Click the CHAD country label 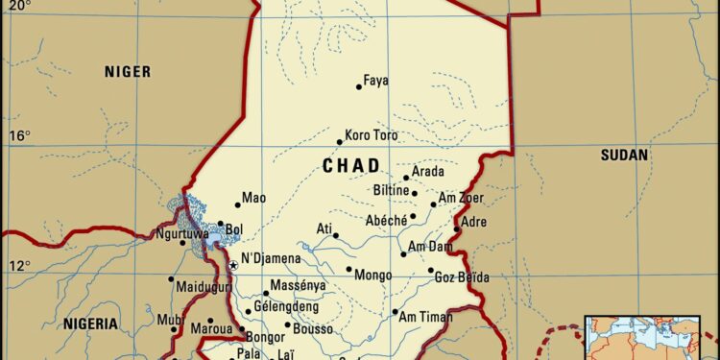pyautogui.click(x=350, y=166)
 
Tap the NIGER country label pyautogui.click(x=130, y=70)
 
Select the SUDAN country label pyautogui.click(x=624, y=155)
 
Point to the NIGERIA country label pyautogui.click(x=91, y=324)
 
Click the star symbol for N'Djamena pyautogui.click(x=232, y=265)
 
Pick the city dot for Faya pyautogui.click(x=359, y=86)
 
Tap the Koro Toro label pyautogui.click(x=372, y=135)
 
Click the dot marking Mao pyautogui.click(x=236, y=204)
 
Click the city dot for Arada pyautogui.click(x=406, y=178)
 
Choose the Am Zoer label pyautogui.click(x=461, y=199)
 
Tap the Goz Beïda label pyautogui.click(x=462, y=277)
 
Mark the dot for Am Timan pyautogui.click(x=395, y=312)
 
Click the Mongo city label pyautogui.click(x=373, y=276)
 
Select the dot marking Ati pyautogui.click(x=336, y=235)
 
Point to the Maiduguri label pyautogui.click(x=204, y=287)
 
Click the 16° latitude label pyautogui.click(x=19, y=134)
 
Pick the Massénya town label pyautogui.click(x=298, y=285)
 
